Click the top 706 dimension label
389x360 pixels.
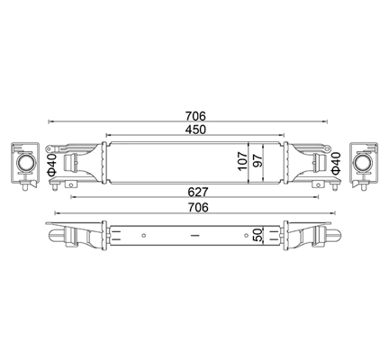coord(195,115)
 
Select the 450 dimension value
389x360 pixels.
coord(195,130)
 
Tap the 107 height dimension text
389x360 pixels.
coord(242,161)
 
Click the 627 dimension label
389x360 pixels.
coord(198,192)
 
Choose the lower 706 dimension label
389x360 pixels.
coord(198,208)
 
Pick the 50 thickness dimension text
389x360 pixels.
coord(258,235)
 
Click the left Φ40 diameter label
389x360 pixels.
coord(51,164)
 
